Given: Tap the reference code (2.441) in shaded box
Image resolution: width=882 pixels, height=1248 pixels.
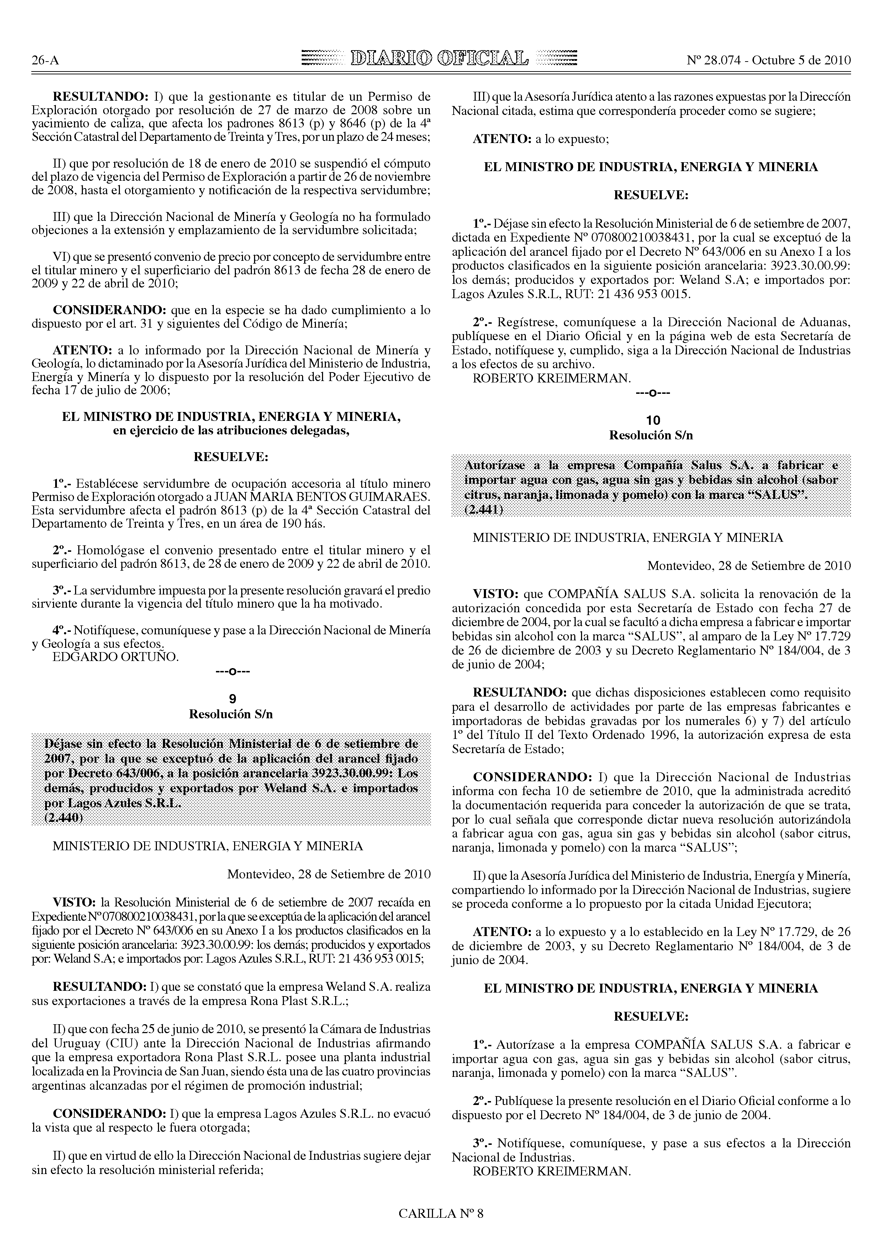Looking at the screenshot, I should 484,509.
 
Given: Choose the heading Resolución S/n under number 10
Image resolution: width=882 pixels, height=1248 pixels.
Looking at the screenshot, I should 651,435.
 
